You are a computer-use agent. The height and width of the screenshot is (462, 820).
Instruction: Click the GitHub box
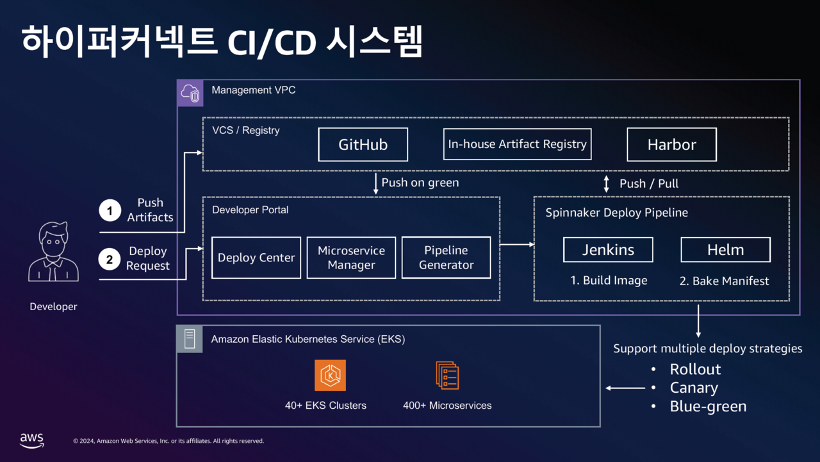363,145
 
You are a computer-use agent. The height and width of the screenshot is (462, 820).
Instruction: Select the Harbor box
671,145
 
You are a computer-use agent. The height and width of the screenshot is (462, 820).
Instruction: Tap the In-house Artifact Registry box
517,144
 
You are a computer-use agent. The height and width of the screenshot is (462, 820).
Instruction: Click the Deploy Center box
256,258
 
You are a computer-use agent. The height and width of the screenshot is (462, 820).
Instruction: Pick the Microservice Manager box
351,258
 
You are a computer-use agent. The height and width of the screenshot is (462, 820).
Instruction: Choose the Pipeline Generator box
446,258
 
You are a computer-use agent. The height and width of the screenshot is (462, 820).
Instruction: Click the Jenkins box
608,250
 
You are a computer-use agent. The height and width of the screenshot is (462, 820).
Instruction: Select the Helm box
725,250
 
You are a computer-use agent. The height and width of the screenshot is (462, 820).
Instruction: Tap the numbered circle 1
110,210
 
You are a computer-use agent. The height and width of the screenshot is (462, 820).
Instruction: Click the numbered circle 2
110,259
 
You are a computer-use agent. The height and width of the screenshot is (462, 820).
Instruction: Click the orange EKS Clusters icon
330,375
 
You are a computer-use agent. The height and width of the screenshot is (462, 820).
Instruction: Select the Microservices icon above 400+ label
447,375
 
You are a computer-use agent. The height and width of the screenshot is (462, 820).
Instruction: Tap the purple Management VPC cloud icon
190,93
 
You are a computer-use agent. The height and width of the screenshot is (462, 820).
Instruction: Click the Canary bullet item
694,388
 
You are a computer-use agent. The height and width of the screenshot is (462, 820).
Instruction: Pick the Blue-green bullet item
708,406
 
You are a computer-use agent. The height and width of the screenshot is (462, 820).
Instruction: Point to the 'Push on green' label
420,183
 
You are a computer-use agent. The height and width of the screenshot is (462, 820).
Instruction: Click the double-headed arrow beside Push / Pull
607,183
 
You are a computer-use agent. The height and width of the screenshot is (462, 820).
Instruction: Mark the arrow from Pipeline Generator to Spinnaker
516,244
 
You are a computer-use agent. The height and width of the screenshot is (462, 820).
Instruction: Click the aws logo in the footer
31,440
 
